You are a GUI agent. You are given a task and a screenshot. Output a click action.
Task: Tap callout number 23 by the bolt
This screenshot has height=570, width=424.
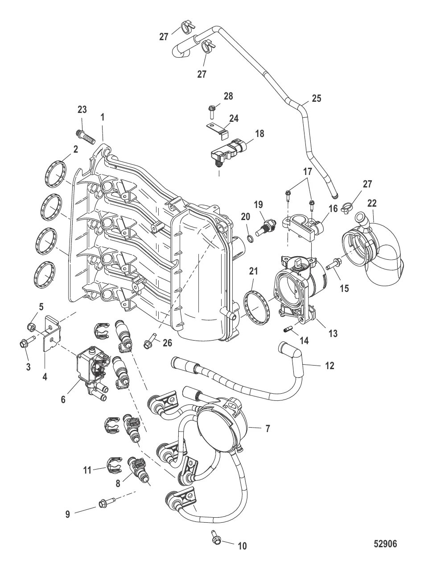(82, 109)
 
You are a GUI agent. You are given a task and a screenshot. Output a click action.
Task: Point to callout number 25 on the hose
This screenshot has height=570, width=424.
(316, 98)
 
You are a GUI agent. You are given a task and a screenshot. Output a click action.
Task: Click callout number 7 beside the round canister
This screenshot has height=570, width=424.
(268, 429)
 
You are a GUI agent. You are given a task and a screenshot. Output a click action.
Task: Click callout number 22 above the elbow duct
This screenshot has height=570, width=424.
(371, 203)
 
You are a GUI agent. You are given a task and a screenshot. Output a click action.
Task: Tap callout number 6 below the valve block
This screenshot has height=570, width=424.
(63, 399)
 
